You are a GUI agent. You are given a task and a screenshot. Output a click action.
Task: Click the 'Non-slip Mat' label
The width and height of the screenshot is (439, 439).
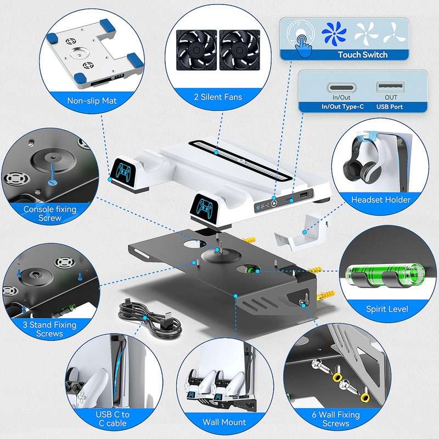(x=92, y=101)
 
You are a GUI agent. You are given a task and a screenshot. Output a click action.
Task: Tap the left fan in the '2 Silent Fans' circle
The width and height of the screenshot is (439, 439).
(x=196, y=50)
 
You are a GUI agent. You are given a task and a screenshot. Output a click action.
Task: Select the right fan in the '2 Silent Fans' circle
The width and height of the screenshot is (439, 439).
(x=240, y=50)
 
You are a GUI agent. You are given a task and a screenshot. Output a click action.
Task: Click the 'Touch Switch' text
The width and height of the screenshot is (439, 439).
(x=363, y=54)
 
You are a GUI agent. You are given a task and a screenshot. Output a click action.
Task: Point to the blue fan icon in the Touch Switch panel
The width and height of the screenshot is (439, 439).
(x=334, y=33)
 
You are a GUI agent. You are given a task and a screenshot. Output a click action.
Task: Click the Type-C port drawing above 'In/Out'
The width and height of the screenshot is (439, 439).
(x=341, y=88)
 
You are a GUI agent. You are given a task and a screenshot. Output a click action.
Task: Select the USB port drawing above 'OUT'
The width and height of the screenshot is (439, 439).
(x=390, y=87)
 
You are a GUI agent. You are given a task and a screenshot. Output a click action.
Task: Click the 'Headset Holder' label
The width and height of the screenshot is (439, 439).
(x=381, y=200)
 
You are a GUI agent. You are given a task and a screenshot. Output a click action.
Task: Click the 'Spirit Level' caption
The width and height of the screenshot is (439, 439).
(x=387, y=309)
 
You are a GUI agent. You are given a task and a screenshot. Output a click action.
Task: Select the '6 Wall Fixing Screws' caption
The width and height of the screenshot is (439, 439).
(x=336, y=419)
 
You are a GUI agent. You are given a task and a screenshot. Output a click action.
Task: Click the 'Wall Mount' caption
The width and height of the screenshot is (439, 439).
(x=224, y=422)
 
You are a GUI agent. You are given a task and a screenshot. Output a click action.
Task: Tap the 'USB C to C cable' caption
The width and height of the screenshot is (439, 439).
(x=112, y=419)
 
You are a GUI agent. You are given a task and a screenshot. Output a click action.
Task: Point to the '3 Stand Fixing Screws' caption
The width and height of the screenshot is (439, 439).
(x=49, y=329)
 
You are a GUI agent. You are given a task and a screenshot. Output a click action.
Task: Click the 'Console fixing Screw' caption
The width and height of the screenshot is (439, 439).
(x=50, y=213)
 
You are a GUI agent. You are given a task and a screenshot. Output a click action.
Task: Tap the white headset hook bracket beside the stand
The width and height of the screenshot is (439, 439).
(x=301, y=232)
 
